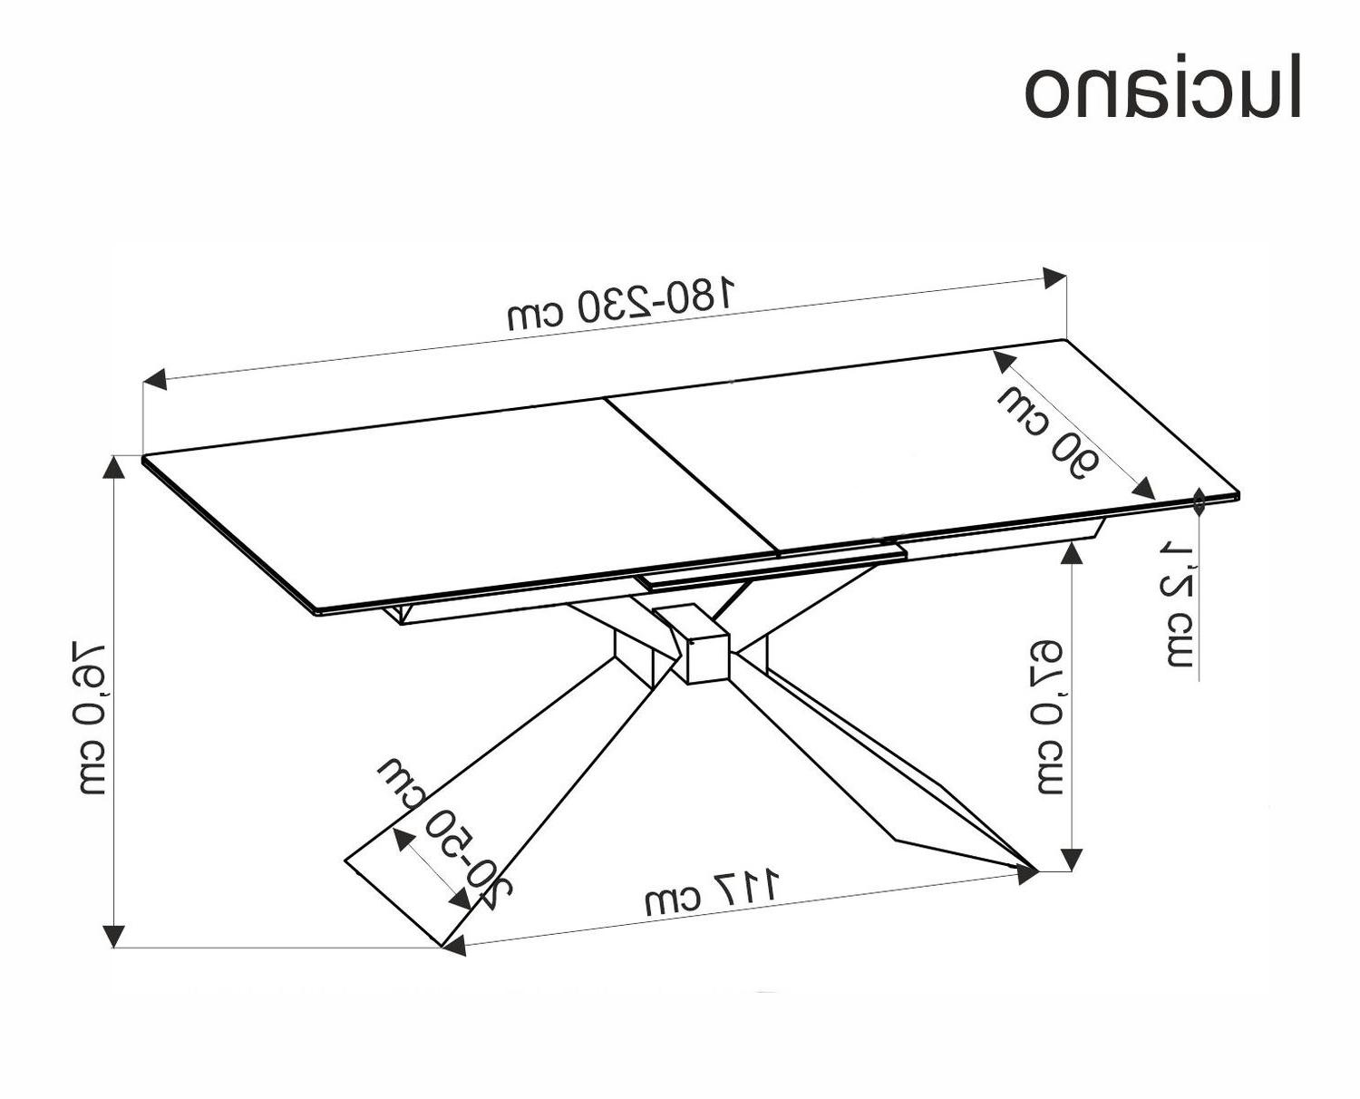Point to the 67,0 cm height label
pyautogui.click(x=1051, y=716)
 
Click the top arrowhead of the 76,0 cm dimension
pyautogui.click(x=114, y=466)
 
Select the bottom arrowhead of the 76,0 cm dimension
pyautogui.click(x=114, y=936)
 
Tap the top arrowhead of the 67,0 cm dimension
pyautogui.click(x=1073, y=552)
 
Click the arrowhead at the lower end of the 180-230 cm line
pyautogui.click(x=155, y=379)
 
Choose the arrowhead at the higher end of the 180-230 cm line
pyautogui.click(x=1054, y=277)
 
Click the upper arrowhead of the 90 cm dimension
pyautogui.click(x=1003, y=363)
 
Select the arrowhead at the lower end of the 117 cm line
pyautogui.click(x=454, y=946)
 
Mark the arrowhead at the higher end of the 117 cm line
pyautogui.click(x=1027, y=874)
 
